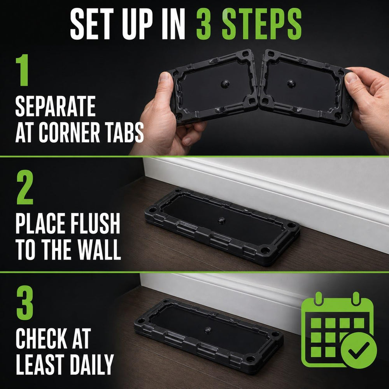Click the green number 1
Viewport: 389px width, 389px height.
pos(22,70)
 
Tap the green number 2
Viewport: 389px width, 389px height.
pos(25,187)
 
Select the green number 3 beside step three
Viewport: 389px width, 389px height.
pos(25,303)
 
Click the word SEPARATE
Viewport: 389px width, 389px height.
pos(55,106)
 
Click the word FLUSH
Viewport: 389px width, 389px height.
pos(95,223)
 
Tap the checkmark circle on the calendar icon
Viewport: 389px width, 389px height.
pos(359,350)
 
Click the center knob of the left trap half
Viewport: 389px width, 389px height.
pos(225,84)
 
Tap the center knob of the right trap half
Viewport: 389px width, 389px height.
pos(291,84)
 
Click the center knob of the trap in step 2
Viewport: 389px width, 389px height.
pos(221,220)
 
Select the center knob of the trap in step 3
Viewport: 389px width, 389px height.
pos(208,330)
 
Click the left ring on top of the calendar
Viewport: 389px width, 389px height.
pos(318,298)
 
